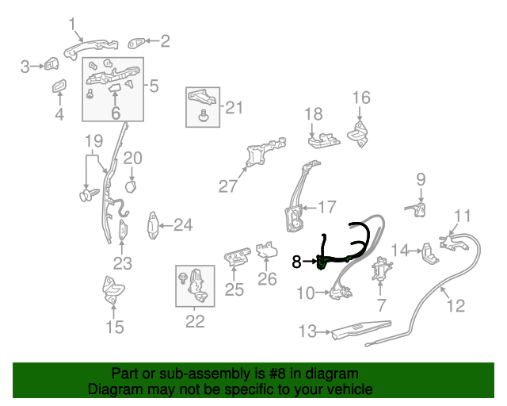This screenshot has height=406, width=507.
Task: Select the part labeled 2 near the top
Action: tap(138, 41)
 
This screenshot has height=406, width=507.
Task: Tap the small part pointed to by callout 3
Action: tap(51, 65)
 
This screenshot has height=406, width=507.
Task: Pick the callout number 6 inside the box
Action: tap(116, 113)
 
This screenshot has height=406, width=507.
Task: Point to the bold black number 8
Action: tap(297, 261)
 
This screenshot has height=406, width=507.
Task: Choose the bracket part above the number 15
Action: tap(112, 290)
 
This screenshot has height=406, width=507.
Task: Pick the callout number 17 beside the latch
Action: tap(327, 208)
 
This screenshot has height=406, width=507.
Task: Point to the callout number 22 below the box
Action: tap(195, 321)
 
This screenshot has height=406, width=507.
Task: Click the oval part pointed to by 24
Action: tap(153, 226)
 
